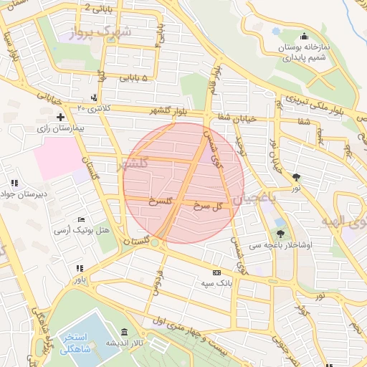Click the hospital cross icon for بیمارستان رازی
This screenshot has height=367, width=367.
(60, 116)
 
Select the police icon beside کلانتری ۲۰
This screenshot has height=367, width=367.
(94, 97)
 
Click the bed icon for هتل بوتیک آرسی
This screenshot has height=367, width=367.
(80, 219)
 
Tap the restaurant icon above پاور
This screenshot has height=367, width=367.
(80, 268)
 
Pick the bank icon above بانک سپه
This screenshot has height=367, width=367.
(216, 272)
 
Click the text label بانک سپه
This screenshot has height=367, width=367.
(216, 284)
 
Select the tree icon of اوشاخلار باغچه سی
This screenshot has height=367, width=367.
(280, 233)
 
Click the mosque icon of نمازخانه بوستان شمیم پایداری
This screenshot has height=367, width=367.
(305, 37)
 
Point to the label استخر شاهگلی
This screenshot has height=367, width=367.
(70, 342)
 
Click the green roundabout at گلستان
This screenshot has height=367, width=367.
(155, 243)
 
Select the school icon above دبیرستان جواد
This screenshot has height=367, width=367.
(14, 183)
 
